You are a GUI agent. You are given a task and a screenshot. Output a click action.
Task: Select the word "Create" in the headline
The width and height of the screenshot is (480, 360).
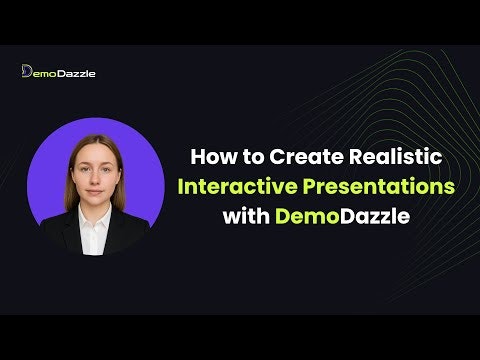(296, 157)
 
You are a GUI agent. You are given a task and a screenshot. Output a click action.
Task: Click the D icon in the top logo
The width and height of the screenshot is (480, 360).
(27, 71)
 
